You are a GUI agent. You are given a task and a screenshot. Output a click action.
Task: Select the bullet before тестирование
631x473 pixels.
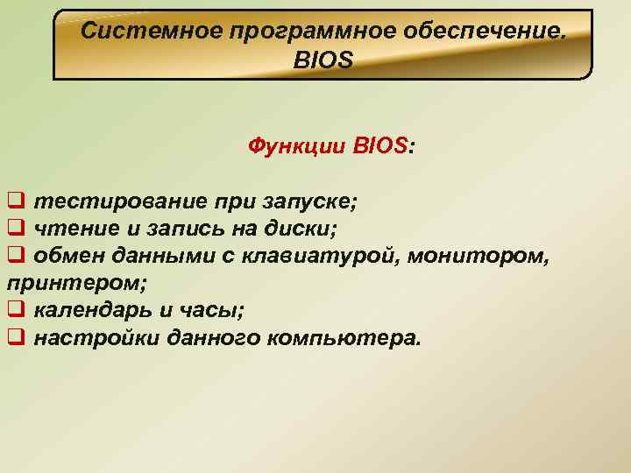click(14, 201)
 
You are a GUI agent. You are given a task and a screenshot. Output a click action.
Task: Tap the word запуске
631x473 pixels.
click(310, 201)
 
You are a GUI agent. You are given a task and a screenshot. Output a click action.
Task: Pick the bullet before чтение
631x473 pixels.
click(14, 229)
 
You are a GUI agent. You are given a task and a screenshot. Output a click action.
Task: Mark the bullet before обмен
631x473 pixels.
click(14, 256)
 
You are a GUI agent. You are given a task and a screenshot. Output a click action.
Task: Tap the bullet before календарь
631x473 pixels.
click(14, 310)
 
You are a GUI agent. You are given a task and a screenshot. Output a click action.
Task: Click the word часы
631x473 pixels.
click(213, 310)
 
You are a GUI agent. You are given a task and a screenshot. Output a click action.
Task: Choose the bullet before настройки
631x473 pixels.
click(14, 337)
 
